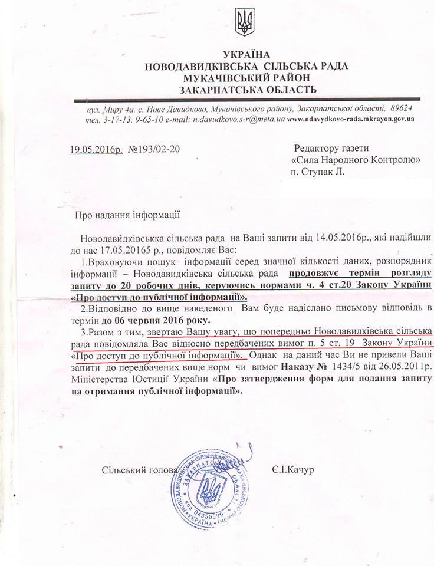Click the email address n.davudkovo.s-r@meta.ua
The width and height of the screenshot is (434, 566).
click(236, 119)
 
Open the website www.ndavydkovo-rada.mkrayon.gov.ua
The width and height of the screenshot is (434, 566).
click(351, 119)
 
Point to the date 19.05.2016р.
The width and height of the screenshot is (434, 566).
click(95, 149)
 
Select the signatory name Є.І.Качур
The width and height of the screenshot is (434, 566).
click(295, 470)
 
